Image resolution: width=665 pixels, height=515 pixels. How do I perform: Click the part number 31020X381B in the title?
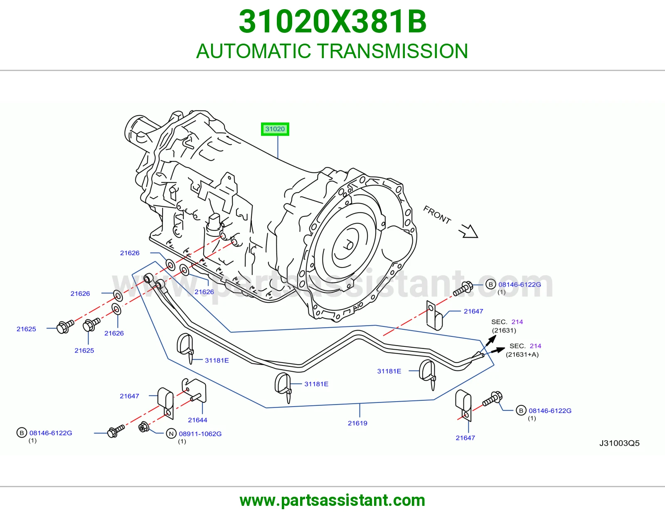(332, 22)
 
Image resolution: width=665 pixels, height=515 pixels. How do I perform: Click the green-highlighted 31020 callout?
(275, 129)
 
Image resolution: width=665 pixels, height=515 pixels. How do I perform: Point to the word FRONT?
(437, 215)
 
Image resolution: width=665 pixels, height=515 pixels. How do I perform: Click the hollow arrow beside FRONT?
(469, 231)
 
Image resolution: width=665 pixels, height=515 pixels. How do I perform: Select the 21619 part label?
(357, 423)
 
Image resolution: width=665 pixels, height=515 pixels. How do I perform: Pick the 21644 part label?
(197, 420)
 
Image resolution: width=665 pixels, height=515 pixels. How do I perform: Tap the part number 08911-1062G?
(200, 434)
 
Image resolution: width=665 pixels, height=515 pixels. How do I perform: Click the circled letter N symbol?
(171, 434)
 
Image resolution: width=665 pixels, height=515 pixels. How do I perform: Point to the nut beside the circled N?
(143, 427)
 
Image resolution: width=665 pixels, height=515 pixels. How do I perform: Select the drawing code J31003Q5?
(619, 443)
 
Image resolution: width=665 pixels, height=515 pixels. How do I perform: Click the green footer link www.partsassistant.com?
(332, 500)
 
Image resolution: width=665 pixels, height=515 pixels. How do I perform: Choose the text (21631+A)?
(522, 355)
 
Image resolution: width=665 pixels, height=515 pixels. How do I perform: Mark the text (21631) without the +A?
(504, 331)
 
